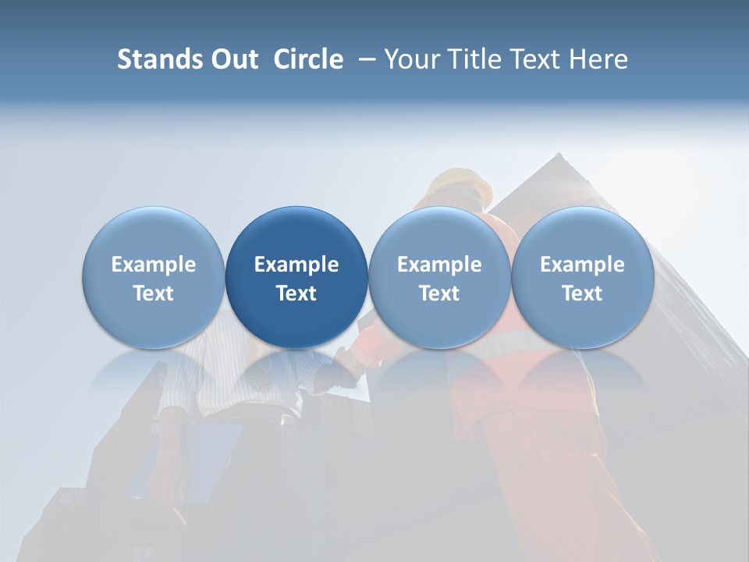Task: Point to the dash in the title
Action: point(364,59)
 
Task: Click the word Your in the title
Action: point(410,59)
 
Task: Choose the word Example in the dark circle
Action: point(296,265)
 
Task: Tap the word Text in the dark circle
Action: point(296,293)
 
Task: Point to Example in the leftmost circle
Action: point(153,265)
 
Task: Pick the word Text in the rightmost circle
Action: point(582,293)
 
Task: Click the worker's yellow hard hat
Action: point(461,184)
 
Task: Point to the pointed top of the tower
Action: point(558,155)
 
